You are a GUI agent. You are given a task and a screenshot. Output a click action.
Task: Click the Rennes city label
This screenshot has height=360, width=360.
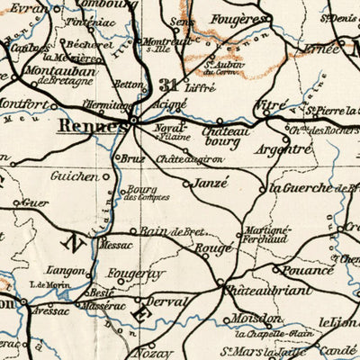[x=89, y=126]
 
